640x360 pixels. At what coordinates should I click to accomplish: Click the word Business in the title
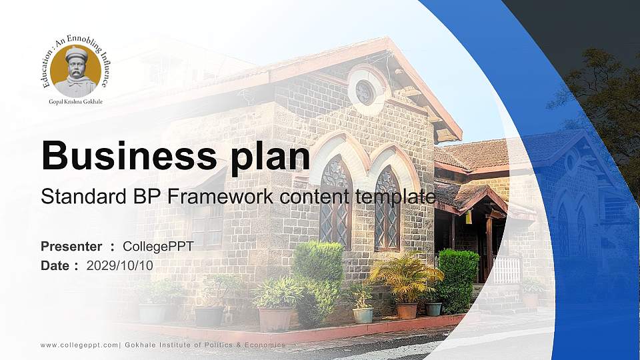[129, 155]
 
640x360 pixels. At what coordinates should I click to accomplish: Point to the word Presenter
[71, 246]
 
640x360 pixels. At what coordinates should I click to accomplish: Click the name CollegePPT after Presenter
[158, 247]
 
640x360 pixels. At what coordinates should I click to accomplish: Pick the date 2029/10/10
[119, 266]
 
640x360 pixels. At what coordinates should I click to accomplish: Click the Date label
[55, 266]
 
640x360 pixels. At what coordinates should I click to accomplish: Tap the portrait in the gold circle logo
[76, 71]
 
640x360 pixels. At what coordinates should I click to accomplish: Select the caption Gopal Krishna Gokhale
[76, 101]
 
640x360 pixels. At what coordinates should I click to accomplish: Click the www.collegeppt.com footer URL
[79, 345]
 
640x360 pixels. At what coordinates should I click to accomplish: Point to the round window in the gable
[365, 93]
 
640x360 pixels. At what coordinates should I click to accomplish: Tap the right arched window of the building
[387, 208]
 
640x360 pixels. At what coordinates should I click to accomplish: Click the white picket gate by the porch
[507, 270]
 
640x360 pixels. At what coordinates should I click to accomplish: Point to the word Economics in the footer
[265, 345]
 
